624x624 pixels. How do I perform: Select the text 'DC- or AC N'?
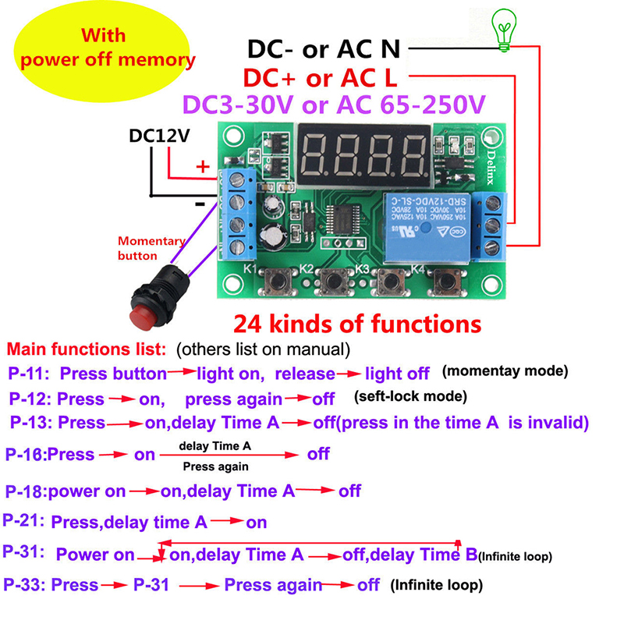pyautogui.click(x=324, y=49)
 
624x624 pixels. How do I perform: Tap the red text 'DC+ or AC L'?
pyautogui.click(x=320, y=77)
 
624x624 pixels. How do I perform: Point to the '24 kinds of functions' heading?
pyautogui.click(x=358, y=323)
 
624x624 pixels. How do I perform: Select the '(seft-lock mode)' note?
pyautogui.click(x=410, y=396)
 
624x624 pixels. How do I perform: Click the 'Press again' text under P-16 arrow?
pyautogui.click(x=215, y=466)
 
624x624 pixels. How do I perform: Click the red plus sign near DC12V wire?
pyautogui.click(x=202, y=166)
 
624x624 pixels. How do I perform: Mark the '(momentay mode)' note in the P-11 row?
pyautogui.click(x=505, y=370)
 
